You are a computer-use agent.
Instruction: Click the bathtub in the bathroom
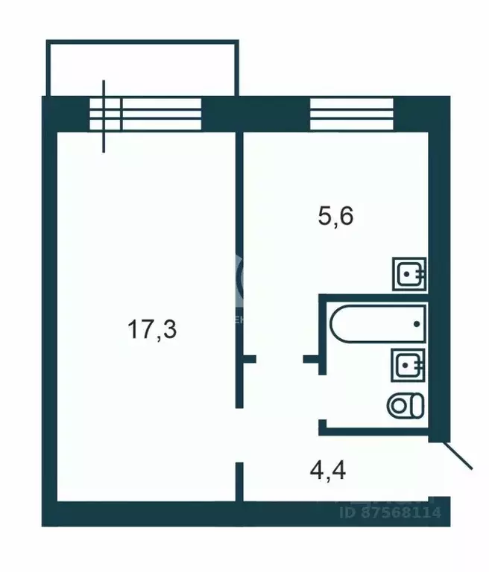tap(376, 324)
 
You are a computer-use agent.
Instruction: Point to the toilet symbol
tap(406, 405)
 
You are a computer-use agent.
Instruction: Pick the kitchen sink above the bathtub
tap(409, 273)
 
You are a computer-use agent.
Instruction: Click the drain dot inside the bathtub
tap(417, 325)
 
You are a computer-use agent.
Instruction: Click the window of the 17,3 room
tap(145, 113)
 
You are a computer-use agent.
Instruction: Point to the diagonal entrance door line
tap(455, 454)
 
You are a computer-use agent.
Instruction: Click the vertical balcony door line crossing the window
tap(104, 115)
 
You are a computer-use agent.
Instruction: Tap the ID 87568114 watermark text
tap(391, 512)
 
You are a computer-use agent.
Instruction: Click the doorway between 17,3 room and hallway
tap(239, 435)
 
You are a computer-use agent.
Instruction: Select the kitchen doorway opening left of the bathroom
tap(280, 360)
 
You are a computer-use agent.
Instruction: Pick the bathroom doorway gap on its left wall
tap(321, 398)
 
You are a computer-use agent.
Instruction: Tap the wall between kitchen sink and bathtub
tap(373, 296)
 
